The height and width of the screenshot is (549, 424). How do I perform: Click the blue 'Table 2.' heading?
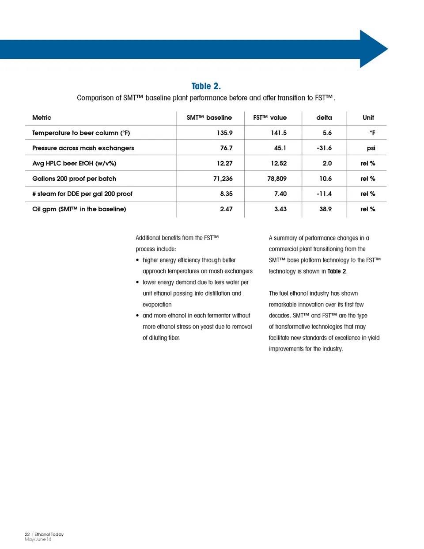point(206,86)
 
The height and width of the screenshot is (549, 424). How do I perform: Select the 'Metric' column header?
point(42,118)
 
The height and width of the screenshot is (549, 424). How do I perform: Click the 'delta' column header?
point(324,118)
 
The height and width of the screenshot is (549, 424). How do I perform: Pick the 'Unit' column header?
point(368,118)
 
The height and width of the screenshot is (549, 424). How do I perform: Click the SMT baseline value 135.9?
point(224,133)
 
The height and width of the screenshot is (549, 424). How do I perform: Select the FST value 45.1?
point(280,148)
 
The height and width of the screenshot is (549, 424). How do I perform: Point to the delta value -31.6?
point(324,148)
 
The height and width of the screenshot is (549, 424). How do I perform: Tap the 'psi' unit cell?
point(371,148)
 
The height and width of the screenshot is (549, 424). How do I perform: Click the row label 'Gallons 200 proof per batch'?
point(74,179)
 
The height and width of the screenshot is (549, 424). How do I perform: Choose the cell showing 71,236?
point(223,179)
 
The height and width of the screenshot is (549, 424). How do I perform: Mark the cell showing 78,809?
point(277,179)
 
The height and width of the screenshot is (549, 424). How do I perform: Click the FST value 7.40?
point(280,194)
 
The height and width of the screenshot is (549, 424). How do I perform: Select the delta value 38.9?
point(325,209)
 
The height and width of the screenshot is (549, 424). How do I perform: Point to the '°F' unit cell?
point(372,133)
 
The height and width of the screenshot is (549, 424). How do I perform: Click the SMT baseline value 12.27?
point(224,163)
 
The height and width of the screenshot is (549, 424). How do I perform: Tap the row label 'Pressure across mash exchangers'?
point(83,148)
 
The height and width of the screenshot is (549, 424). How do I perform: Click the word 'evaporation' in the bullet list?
point(157,305)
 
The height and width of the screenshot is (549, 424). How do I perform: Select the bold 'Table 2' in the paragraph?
point(337,271)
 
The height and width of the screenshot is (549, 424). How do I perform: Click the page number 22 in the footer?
point(27,534)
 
